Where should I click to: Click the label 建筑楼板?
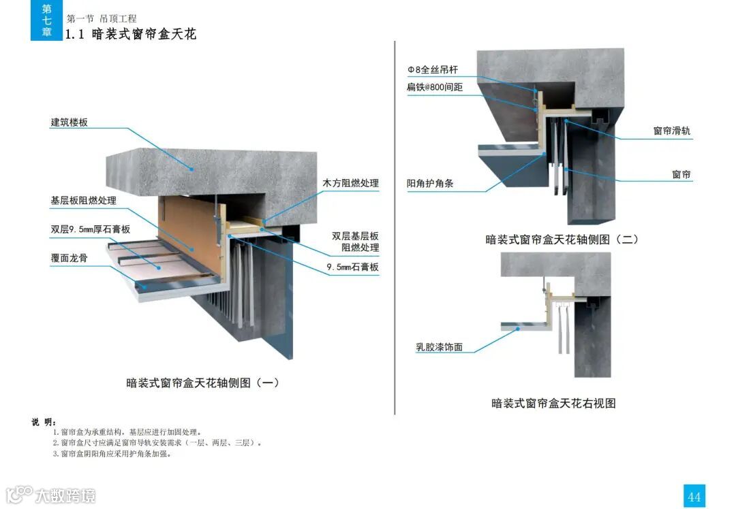click(69, 122)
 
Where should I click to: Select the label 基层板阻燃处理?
click(83, 201)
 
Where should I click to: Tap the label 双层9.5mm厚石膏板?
click(90, 229)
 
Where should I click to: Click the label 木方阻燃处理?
click(350, 183)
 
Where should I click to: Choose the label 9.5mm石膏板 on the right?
click(352, 267)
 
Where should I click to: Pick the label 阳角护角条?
click(430, 183)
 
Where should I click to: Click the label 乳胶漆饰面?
click(440, 347)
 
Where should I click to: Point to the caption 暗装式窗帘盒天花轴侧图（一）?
click(203, 383)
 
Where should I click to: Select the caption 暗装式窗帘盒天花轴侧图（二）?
click(562, 240)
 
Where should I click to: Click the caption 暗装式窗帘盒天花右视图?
click(553, 404)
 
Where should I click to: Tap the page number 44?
click(694, 497)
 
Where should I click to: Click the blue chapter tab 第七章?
click(46, 20)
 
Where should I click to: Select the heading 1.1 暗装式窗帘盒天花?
click(130, 34)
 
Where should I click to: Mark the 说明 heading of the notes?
click(44, 422)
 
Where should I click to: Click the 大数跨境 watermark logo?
click(51, 495)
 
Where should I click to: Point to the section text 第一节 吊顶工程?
click(102, 18)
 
